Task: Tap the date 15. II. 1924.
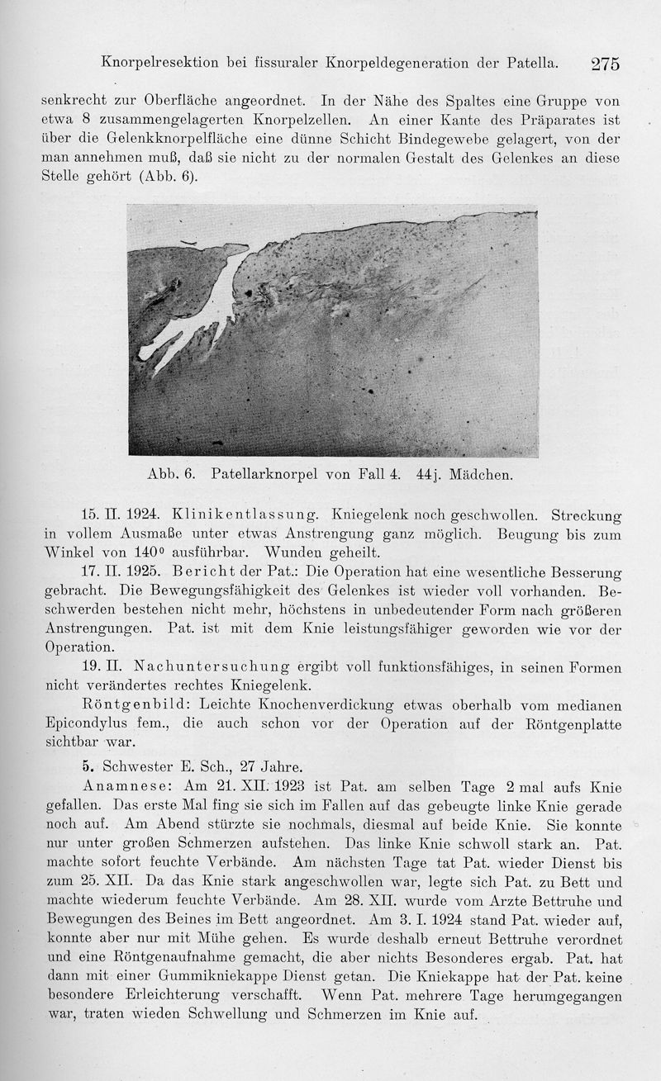pos(113,516)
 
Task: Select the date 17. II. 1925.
pos(113,571)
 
